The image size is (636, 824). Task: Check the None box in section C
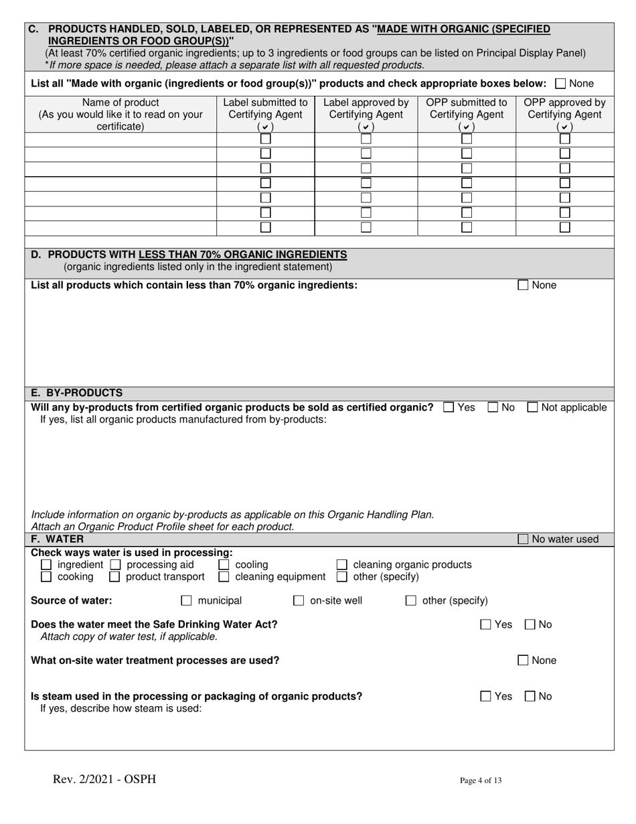coord(561,84)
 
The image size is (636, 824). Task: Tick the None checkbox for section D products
coord(524,285)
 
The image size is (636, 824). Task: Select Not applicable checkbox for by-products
coord(534,407)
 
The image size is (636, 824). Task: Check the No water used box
coord(524,539)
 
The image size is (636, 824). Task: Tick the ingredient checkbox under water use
coord(46,565)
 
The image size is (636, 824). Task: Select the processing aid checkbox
coord(115,565)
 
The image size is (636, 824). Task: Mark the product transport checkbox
coord(115,577)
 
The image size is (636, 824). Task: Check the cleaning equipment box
coord(224,577)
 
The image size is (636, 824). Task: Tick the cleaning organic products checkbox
coord(341,565)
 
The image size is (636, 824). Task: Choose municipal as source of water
coord(187,601)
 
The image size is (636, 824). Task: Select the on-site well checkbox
coord(299,601)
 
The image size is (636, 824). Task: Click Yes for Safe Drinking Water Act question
coord(486,625)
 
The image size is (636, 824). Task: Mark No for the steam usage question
coord(530,697)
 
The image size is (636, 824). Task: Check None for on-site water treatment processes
coord(524,661)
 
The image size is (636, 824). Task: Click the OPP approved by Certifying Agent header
coord(564,109)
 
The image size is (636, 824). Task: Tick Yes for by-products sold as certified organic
coord(449,407)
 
